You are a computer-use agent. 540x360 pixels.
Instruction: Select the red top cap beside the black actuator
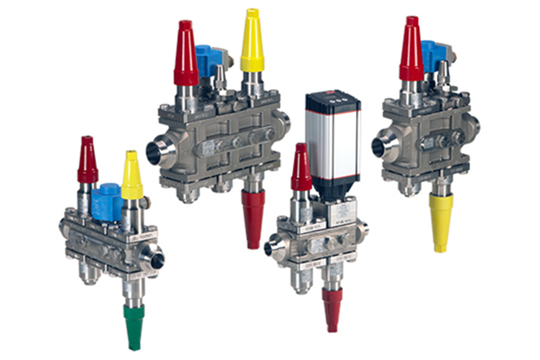click(x=301, y=168)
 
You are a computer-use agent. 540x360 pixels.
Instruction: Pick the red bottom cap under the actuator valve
click(x=331, y=308)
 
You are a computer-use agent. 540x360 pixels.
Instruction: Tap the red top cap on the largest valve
click(x=187, y=52)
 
